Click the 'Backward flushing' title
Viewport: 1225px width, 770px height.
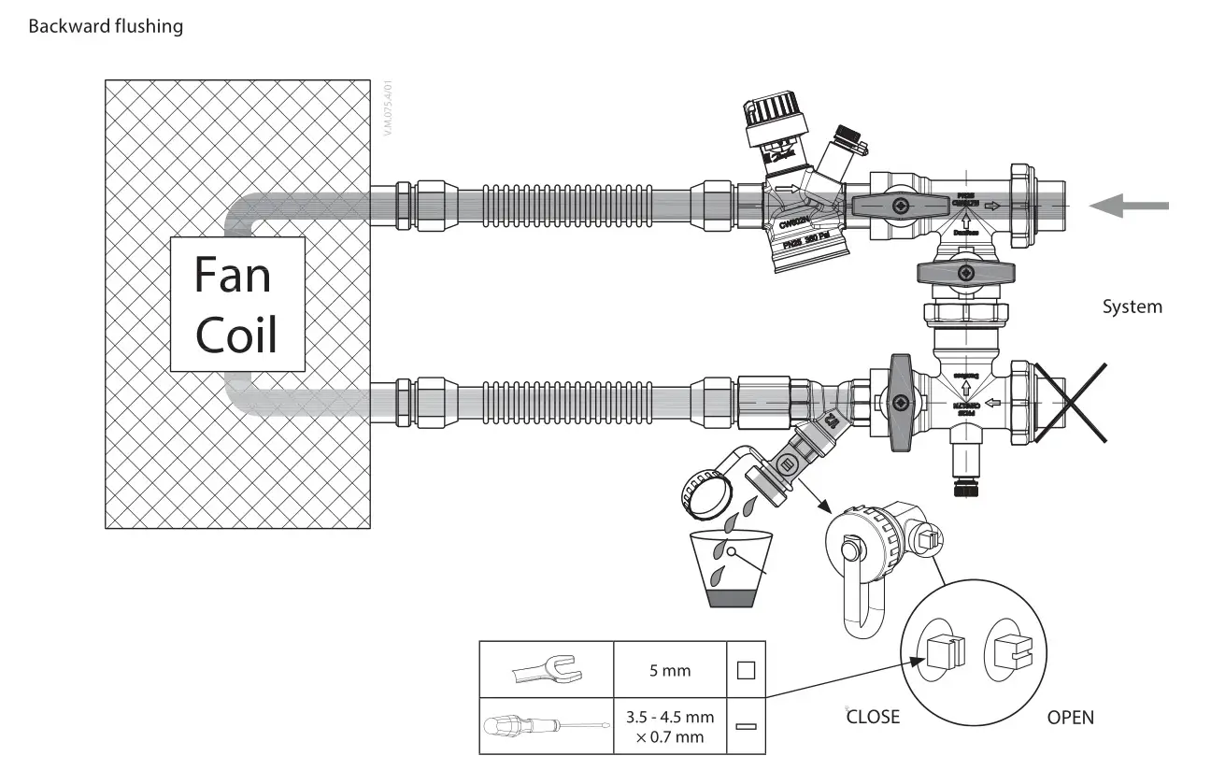pos(106,26)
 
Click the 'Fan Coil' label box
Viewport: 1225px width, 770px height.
pos(237,304)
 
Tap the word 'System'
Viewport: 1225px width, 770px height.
pos(1132,307)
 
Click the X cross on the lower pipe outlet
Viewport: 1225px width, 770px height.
pos(1069,402)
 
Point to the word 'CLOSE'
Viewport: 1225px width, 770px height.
pos(873,717)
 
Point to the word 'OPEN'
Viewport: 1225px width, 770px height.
pos(1070,717)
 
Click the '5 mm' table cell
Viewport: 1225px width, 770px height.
pos(669,669)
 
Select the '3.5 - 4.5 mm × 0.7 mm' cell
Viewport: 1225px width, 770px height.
pos(669,725)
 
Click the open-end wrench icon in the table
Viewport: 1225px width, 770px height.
pos(546,669)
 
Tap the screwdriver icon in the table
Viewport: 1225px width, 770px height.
pos(546,725)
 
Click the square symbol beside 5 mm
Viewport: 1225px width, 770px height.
pos(745,669)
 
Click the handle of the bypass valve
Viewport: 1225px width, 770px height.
pos(965,273)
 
